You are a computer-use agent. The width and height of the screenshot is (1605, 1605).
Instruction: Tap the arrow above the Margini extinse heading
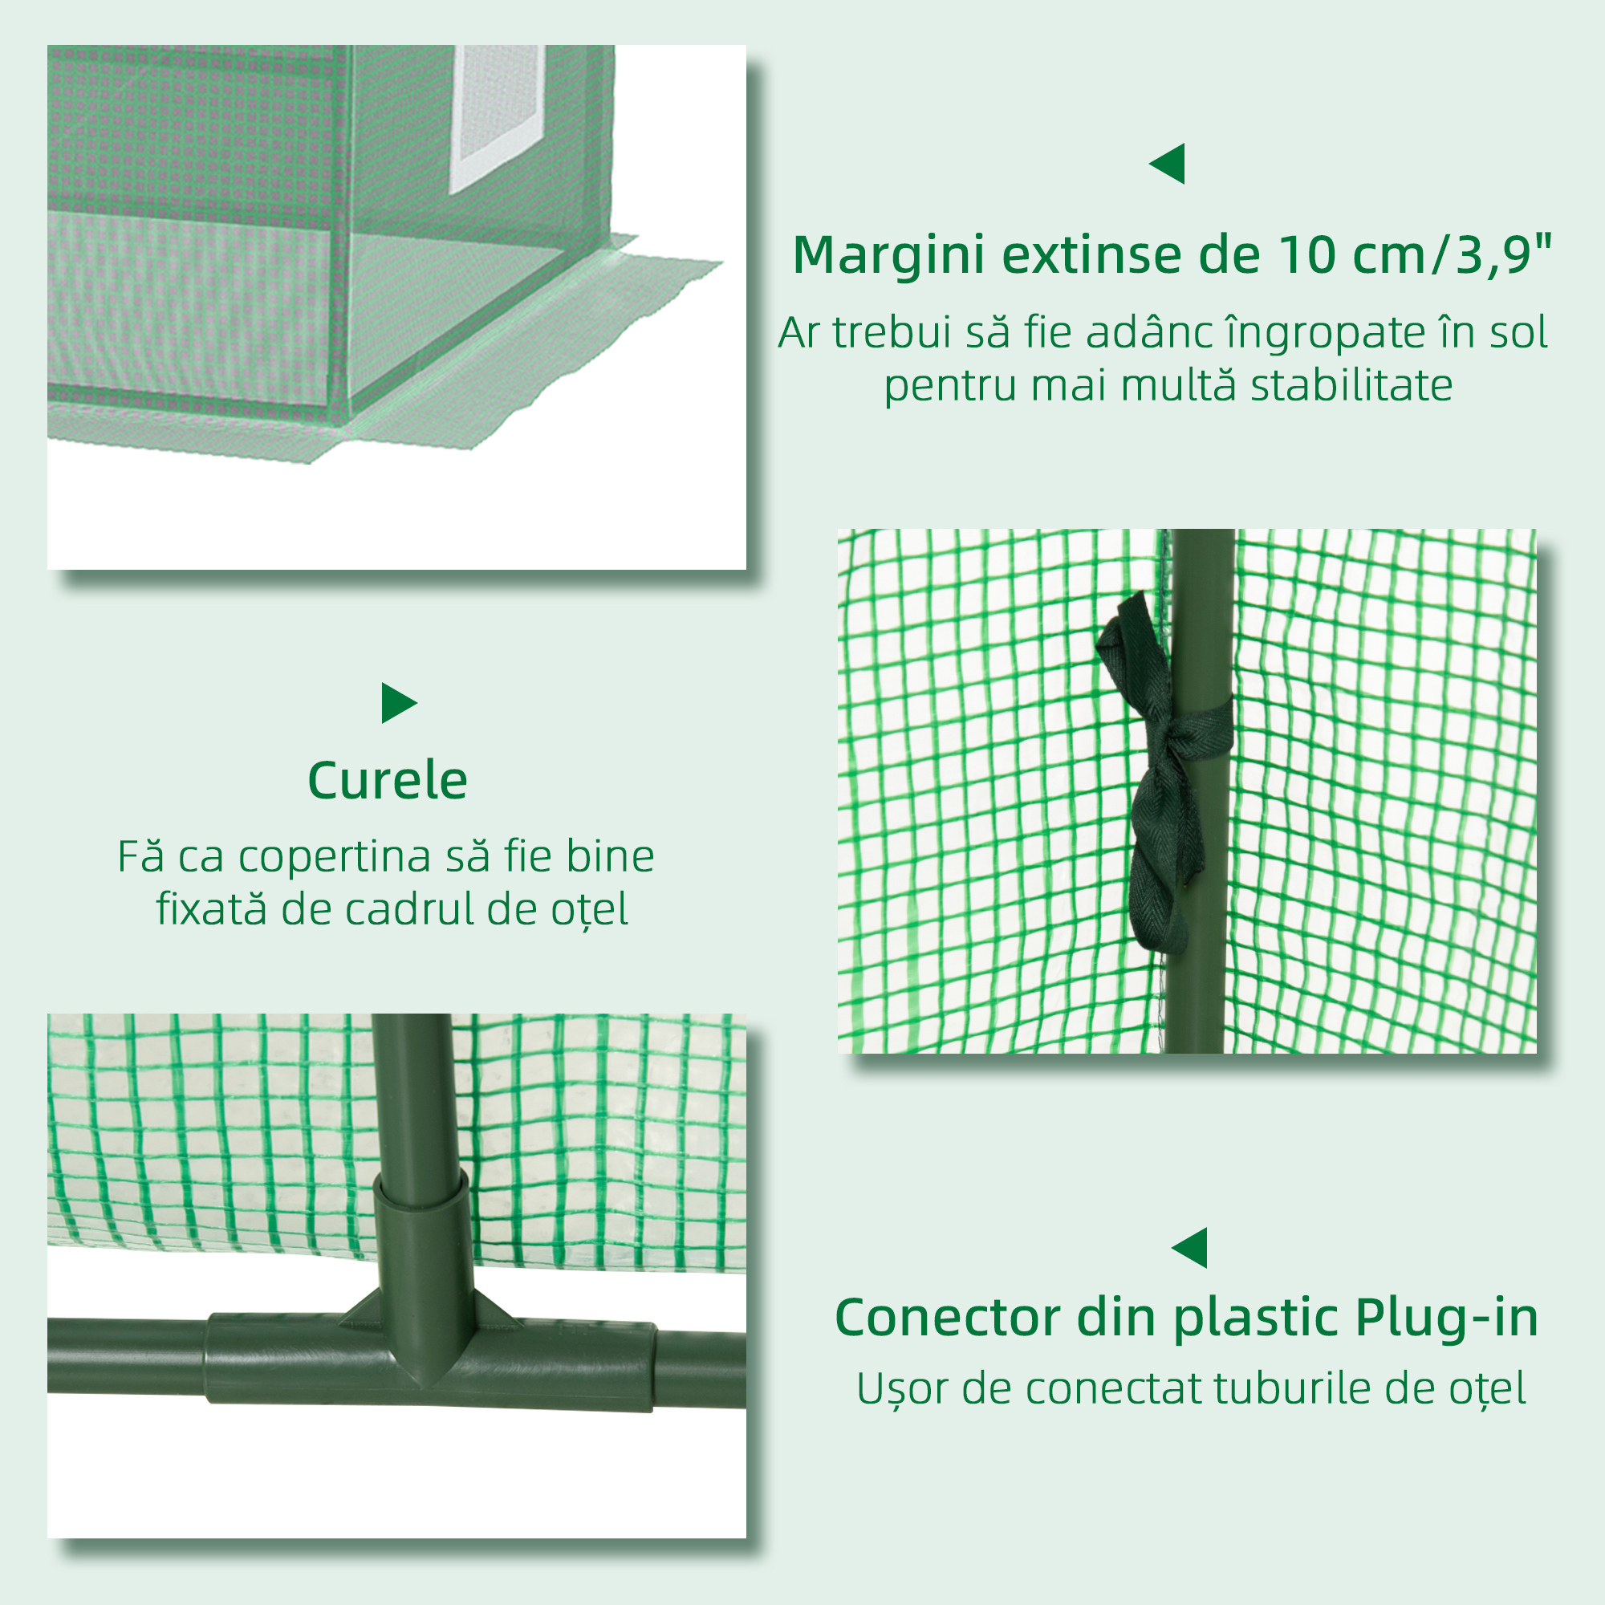tap(1167, 164)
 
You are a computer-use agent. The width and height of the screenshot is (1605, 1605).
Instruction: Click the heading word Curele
tap(387, 782)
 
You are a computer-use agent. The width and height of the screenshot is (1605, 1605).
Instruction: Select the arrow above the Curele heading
tap(398, 703)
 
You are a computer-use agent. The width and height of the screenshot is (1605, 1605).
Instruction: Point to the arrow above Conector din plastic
tap(1190, 1248)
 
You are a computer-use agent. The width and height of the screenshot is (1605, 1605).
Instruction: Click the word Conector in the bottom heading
tap(949, 1318)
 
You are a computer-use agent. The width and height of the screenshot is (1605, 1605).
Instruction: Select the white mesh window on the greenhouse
tap(497, 119)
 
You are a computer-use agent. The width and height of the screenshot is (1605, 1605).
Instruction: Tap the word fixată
tap(212, 909)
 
